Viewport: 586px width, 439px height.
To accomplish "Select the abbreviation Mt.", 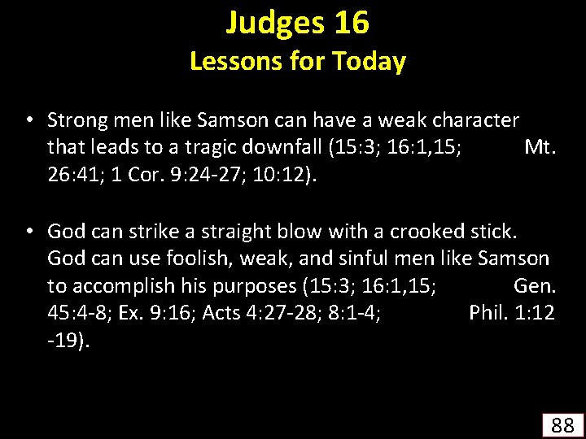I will tap(540, 147).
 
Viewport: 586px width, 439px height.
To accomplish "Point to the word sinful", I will tap(387, 259).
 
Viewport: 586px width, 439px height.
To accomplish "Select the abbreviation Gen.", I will tap(535, 285).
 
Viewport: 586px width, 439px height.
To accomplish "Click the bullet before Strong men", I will tap(28, 121).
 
